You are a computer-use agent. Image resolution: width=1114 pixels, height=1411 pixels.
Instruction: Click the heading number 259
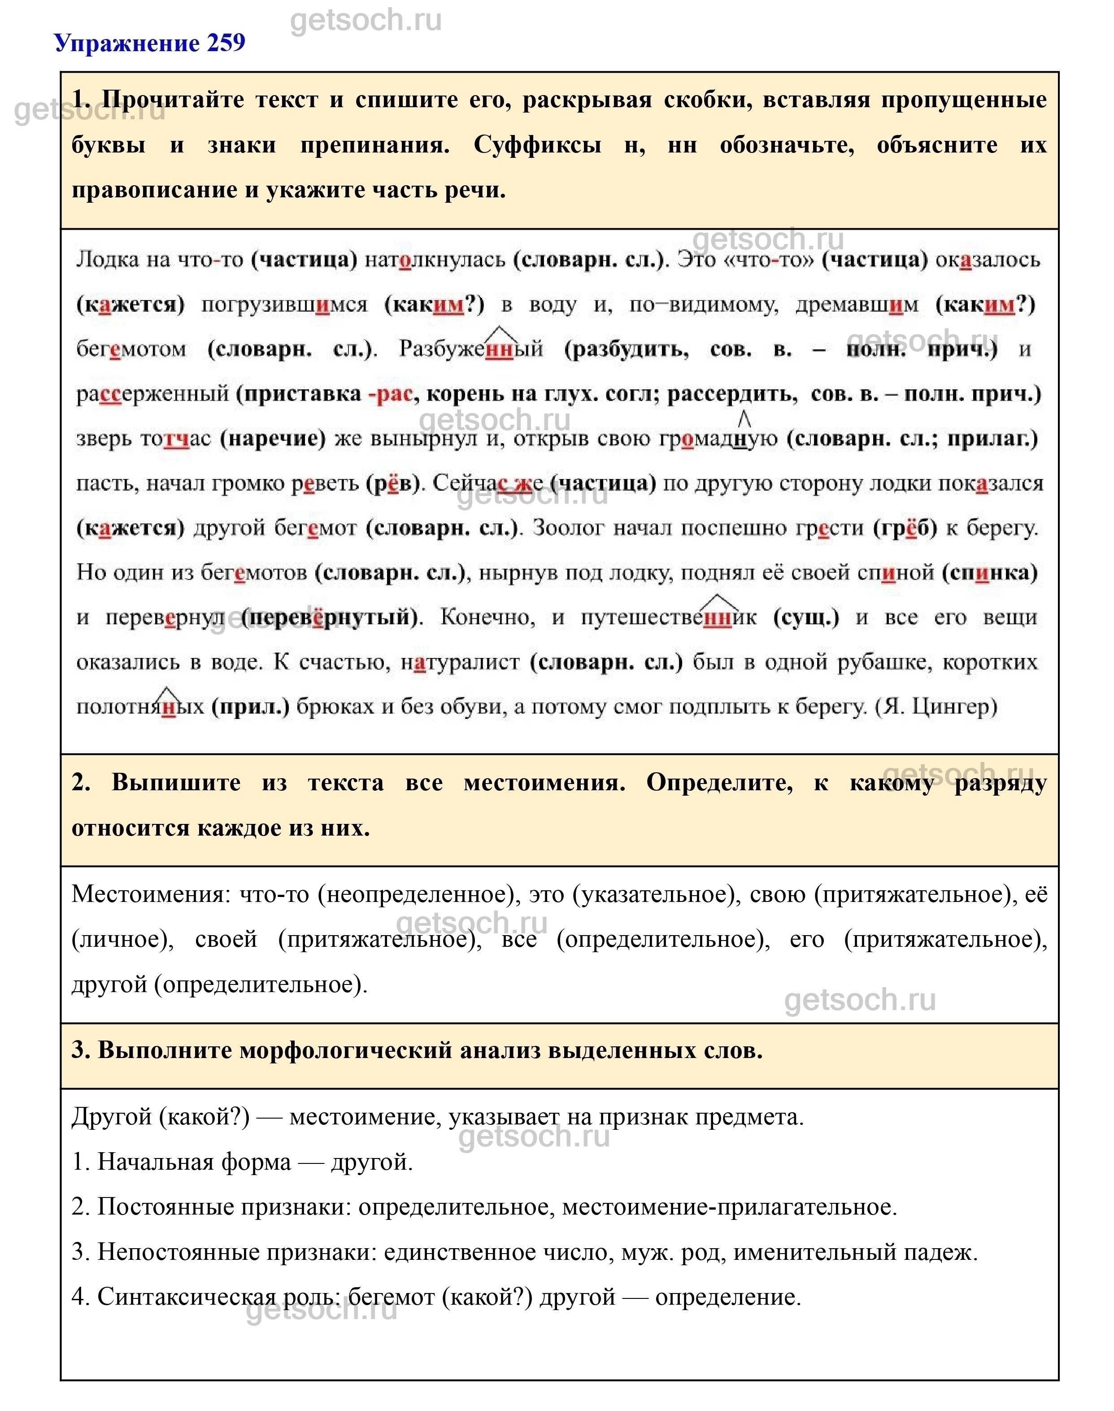226,43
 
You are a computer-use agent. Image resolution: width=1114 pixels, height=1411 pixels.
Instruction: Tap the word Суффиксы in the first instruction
537,145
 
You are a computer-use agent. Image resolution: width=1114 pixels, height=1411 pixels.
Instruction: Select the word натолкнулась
435,260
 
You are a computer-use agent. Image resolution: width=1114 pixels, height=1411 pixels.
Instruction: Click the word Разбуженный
471,349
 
